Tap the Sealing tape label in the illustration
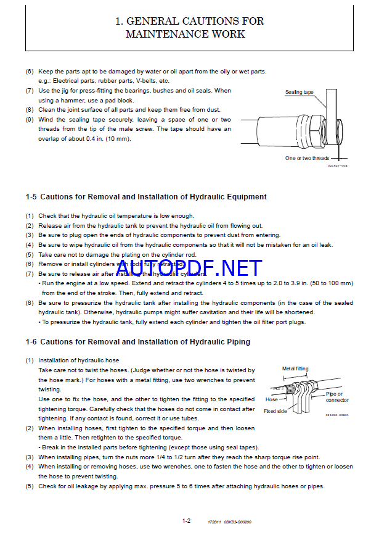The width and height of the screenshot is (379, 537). (299, 93)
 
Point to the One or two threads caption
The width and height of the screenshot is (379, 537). (307, 158)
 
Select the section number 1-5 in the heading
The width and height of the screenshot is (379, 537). (31, 197)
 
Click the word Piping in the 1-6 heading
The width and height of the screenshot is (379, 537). (234, 342)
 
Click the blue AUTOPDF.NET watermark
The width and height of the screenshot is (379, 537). (189, 268)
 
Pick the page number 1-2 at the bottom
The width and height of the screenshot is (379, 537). (186, 521)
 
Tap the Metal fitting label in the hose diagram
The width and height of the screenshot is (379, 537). (295, 369)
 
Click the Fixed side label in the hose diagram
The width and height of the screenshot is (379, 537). (274, 411)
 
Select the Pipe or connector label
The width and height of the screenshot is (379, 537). (336, 397)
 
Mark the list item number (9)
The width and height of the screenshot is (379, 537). (30, 120)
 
